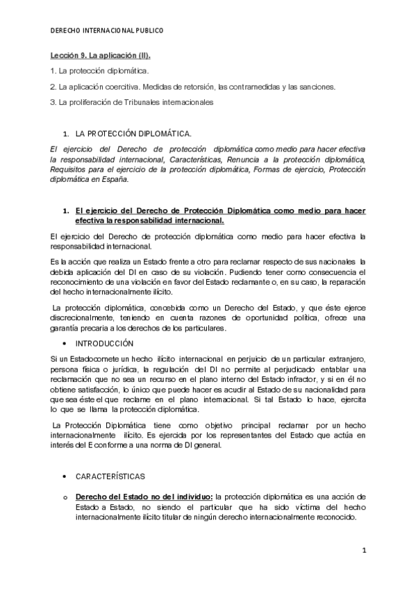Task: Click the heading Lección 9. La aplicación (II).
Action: (x=99, y=55)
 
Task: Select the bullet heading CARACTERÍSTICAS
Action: (x=110, y=476)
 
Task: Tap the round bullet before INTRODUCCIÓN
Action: (x=65, y=344)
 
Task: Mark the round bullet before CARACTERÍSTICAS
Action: (x=65, y=476)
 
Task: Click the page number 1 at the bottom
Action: (x=363, y=550)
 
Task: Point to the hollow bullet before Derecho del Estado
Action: (x=65, y=498)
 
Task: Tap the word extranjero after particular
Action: (x=341, y=357)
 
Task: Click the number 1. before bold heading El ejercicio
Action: (x=65, y=210)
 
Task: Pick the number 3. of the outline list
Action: (x=53, y=102)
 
